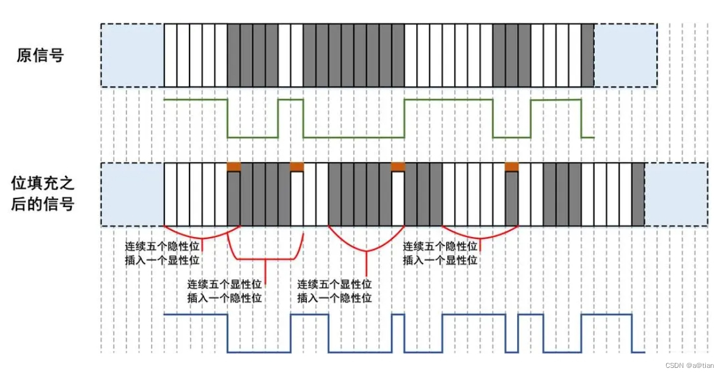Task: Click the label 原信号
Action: click(x=40, y=56)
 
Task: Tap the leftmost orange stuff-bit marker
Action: click(x=233, y=166)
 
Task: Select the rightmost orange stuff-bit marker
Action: click(x=512, y=166)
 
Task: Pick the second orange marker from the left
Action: click(x=297, y=166)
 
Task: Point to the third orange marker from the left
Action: click(x=398, y=166)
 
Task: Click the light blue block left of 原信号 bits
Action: click(x=133, y=56)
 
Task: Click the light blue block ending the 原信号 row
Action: click(x=625, y=56)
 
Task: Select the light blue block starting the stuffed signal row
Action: click(x=133, y=194)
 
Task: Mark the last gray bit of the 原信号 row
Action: click(x=587, y=56)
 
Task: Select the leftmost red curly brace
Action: click(x=202, y=235)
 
